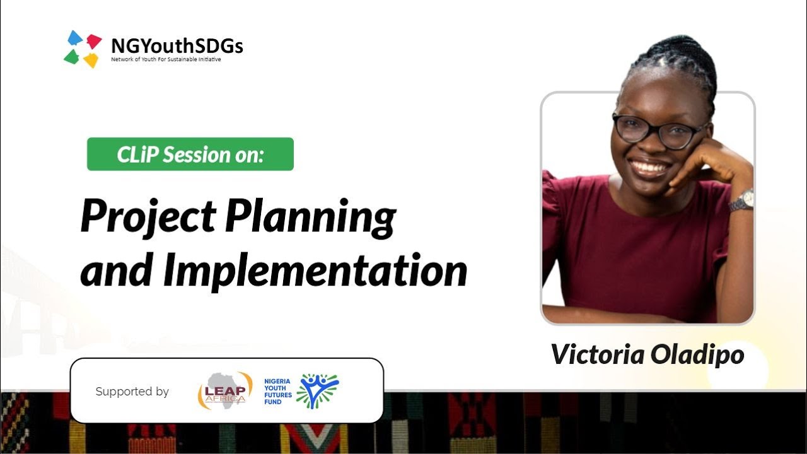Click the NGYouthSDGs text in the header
point(177,45)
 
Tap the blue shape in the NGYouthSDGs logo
point(75,38)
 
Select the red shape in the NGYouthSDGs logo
point(94,41)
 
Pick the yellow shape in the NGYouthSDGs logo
point(91,60)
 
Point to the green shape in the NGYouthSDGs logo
point(72,57)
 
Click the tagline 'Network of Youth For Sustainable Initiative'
point(166,60)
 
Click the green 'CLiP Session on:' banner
point(190,154)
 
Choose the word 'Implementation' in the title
point(315,271)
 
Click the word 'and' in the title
point(117,271)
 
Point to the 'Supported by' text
point(132,392)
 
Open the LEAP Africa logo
point(225,390)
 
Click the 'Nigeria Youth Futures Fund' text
point(278,391)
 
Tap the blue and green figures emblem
point(317,390)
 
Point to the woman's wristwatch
point(742,201)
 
